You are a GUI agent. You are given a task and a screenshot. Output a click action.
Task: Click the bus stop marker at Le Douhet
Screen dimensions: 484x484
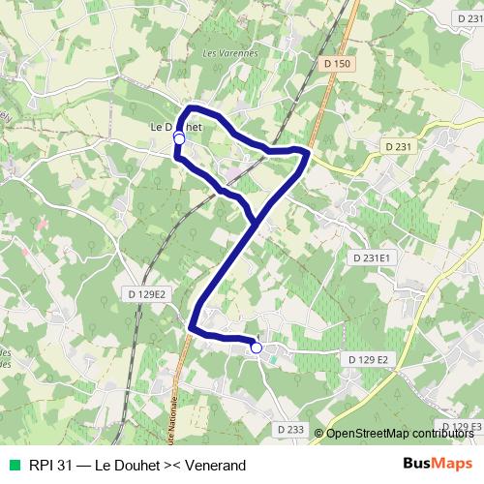(179, 139)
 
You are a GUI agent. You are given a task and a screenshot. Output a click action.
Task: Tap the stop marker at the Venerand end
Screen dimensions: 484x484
(257, 348)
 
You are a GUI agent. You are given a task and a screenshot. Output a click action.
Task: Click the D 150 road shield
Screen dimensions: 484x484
(337, 63)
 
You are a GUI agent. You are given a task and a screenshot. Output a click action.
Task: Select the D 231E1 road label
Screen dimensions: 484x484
(371, 258)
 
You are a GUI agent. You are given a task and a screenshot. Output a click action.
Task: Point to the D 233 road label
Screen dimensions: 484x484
(289, 429)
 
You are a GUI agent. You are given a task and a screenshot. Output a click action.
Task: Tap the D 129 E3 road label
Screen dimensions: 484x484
(461, 426)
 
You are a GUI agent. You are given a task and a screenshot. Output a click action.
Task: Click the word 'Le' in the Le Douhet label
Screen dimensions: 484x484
(156, 126)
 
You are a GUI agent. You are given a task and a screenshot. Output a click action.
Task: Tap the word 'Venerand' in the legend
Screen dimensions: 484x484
(219, 465)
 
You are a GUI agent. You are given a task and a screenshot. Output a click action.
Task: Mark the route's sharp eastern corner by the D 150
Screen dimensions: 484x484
(308, 153)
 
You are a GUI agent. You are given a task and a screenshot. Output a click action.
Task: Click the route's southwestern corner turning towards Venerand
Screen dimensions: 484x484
(194, 327)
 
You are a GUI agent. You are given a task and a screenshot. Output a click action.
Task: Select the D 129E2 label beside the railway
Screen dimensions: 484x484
(146, 293)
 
